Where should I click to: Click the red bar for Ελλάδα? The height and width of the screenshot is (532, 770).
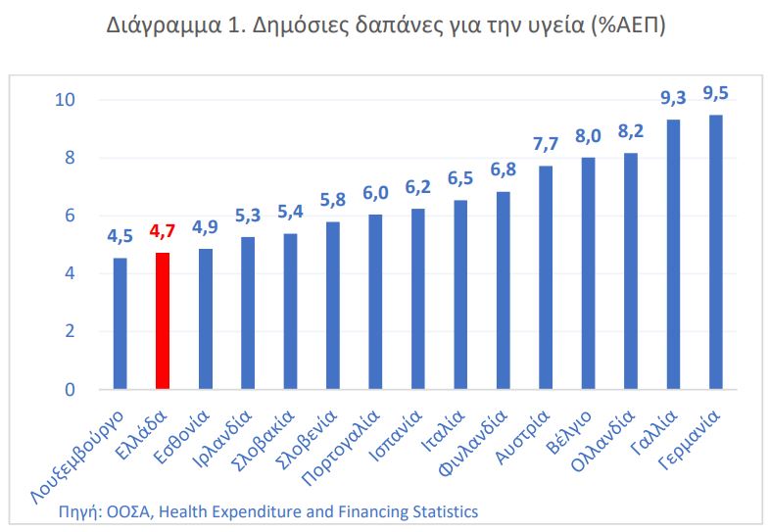point(163,320)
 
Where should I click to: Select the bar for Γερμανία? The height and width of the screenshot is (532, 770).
point(716,252)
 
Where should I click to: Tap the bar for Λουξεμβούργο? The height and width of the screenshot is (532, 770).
point(120,323)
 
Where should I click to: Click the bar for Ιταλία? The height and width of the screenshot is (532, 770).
point(460,295)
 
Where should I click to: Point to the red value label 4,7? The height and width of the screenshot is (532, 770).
point(163,232)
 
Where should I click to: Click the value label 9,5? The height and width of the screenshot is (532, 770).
point(716,93)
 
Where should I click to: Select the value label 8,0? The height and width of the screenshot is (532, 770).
point(589,136)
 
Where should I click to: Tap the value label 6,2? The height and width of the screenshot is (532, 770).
point(418,187)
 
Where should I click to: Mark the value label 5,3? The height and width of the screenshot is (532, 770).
point(248,215)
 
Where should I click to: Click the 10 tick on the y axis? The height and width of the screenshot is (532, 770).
point(66,100)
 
